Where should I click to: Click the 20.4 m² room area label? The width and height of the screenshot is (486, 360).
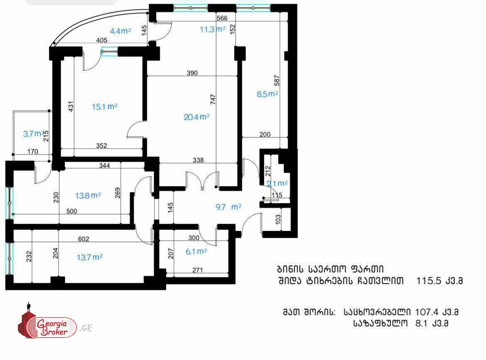196,117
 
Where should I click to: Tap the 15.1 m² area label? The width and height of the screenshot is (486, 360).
104,107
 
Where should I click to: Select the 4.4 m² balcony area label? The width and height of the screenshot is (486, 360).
120,31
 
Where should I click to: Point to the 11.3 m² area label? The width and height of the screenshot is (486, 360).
212,29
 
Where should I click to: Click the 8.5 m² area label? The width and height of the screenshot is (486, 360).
267,94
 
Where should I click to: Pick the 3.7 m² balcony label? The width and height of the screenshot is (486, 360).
34,134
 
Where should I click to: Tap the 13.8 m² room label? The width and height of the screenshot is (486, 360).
88,196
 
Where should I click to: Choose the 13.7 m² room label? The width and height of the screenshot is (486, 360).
90,257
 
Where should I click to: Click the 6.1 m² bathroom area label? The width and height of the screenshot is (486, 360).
196,252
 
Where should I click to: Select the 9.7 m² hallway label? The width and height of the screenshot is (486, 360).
228,207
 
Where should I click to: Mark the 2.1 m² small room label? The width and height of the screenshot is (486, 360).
277,184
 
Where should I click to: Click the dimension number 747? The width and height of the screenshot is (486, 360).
213,99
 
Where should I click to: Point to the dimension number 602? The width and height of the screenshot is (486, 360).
83,239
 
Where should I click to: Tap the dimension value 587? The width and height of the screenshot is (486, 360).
277,81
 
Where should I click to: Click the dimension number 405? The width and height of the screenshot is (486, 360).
102,40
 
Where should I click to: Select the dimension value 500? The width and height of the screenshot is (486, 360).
71,211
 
